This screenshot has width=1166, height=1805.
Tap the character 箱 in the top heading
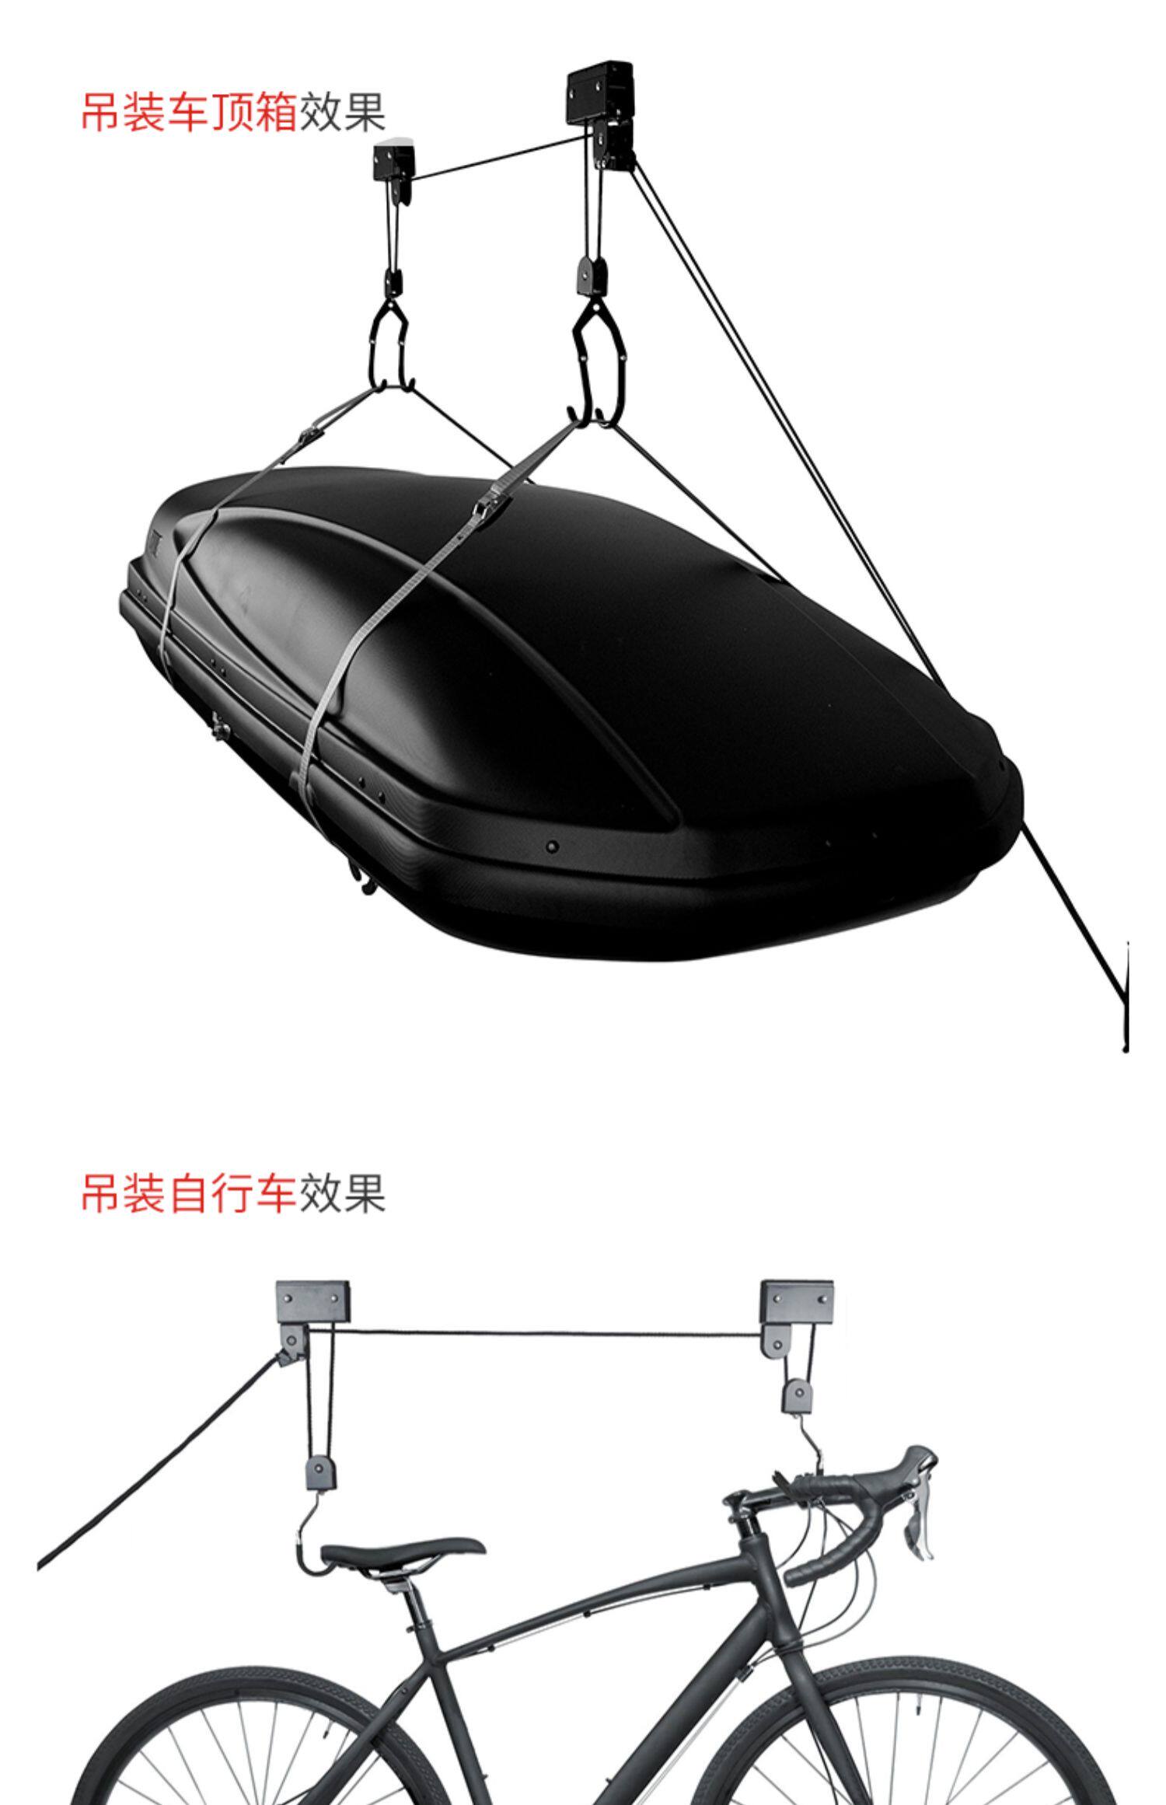[276, 112]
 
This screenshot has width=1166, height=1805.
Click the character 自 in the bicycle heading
[189, 1193]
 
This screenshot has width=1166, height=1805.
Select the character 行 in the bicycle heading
[232, 1193]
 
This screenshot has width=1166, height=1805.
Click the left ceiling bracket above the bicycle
[312, 1302]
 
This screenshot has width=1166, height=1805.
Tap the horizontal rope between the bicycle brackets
[536, 1334]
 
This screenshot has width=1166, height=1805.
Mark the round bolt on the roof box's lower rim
[552, 846]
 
